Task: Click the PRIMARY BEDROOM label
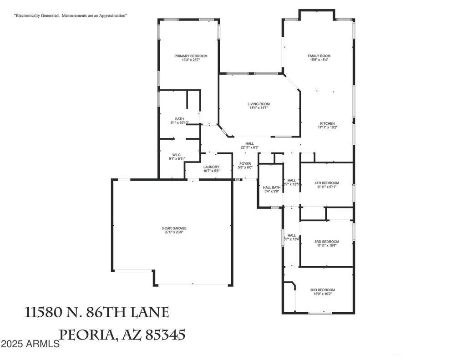pyautogui.click(x=191, y=56)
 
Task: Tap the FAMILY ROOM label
pyautogui.click(x=319, y=56)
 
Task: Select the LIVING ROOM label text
pyautogui.click(x=258, y=104)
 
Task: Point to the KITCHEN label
pyautogui.click(x=327, y=123)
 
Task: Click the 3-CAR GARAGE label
pyautogui.click(x=174, y=228)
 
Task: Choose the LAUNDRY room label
pyautogui.click(x=211, y=167)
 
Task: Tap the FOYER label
pyautogui.click(x=245, y=163)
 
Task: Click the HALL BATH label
pyautogui.click(x=272, y=188)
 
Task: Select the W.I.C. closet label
pyautogui.click(x=177, y=155)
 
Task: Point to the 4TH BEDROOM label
pyautogui.click(x=327, y=183)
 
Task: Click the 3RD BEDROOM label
pyautogui.click(x=327, y=242)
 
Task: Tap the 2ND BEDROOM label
pyautogui.click(x=323, y=290)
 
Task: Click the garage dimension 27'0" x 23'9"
pyautogui.click(x=174, y=233)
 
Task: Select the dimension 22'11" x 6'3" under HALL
pyautogui.click(x=249, y=147)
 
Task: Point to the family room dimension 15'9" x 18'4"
pyautogui.click(x=319, y=60)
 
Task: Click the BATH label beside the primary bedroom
pyautogui.click(x=179, y=119)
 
